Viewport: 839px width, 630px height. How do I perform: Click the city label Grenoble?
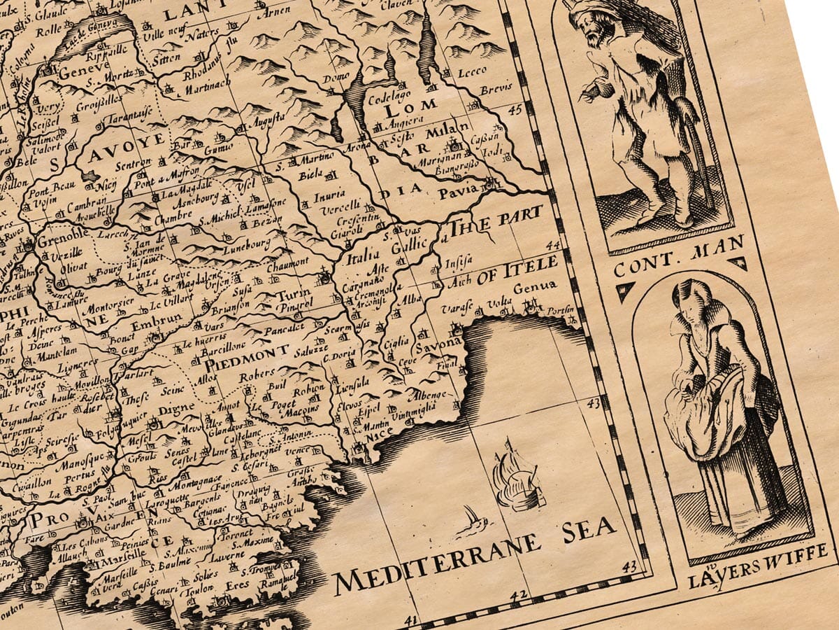pyautogui.click(x=61, y=236)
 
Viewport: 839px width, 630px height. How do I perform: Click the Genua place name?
pyautogui.click(x=535, y=288)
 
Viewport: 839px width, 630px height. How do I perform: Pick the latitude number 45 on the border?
pyautogui.click(x=516, y=110)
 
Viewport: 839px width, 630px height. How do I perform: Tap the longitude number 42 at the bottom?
pyautogui.click(x=518, y=596)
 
